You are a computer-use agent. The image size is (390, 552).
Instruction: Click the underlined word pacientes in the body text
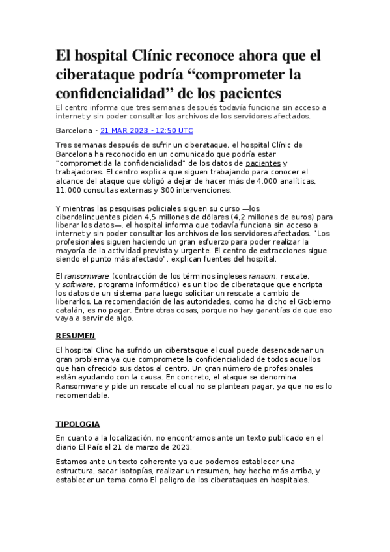click(x=264, y=163)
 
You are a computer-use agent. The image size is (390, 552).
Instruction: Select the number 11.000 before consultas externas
click(x=71, y=190)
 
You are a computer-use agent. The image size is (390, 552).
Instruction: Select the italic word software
click(x=77, y=284)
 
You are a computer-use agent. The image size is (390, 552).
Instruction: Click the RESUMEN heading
click(x=76, y=336)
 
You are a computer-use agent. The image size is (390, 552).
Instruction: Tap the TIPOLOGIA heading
click(x=77, y=424)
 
